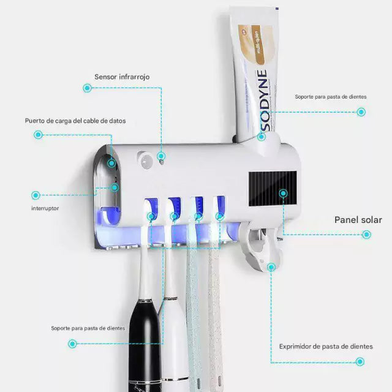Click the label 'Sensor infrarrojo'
[122, 77]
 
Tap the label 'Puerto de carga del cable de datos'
[75, 121]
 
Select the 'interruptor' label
[45, 208]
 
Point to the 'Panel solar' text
[358, 220]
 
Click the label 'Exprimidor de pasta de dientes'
[326, 346]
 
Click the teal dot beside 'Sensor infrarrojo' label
[87, 88]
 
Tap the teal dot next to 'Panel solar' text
[366, 234]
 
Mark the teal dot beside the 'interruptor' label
[36, 195]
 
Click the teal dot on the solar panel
[283, 194]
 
